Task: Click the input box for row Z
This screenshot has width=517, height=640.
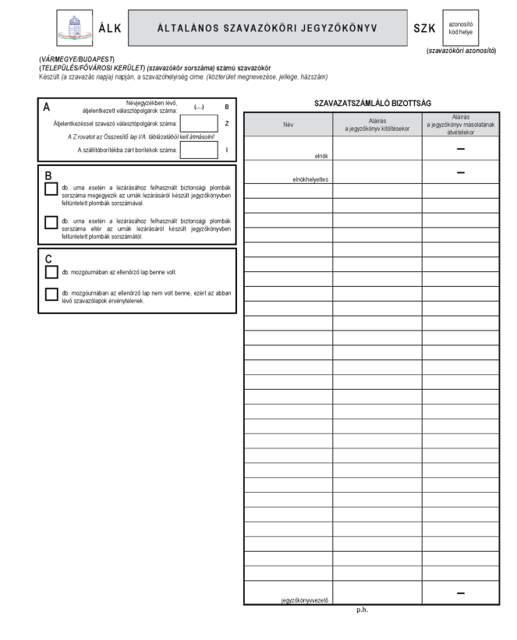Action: [x=199, y=122]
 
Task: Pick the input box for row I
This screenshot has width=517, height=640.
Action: [x=199, y=150]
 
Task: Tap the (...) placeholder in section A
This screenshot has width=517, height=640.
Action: [x=197, y=108]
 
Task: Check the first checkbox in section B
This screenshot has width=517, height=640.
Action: [x=51, y=189]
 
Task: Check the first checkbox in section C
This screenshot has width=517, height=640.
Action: [x=51, y=272]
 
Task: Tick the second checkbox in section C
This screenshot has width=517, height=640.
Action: [x=51, y=294]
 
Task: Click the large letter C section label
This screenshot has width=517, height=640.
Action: [x=48, y=258]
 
